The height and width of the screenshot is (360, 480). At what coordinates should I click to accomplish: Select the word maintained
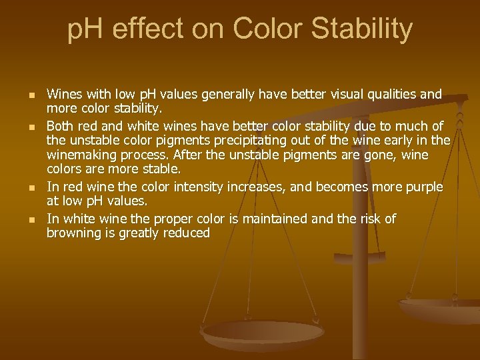tap(268, 219)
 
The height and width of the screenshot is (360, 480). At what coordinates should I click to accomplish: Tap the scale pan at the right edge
tap(443, 309)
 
